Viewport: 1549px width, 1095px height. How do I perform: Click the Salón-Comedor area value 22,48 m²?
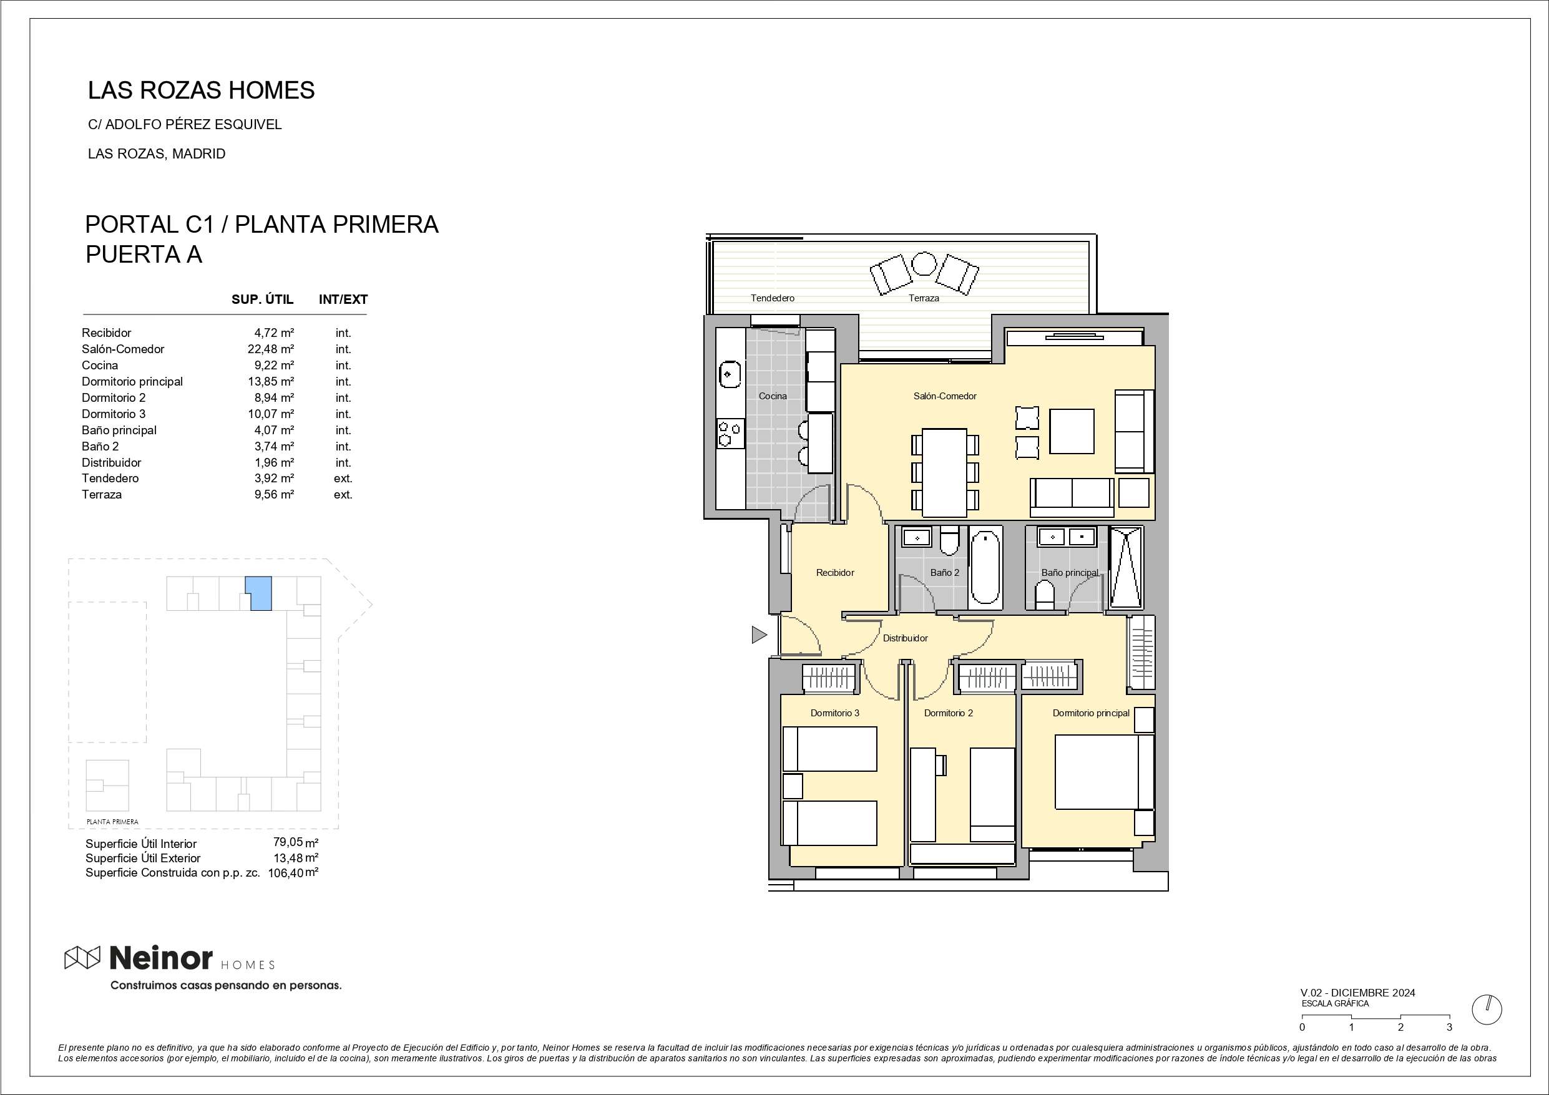pos(270,349)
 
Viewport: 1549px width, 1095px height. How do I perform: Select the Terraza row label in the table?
pos(102,495)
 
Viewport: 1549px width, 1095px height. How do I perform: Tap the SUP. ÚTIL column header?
pos(263,299)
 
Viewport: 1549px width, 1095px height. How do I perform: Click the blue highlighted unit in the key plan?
pos(259,594)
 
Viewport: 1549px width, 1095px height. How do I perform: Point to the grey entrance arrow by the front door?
pos(759,634)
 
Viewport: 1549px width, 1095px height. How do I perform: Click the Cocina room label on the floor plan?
pos(773,396)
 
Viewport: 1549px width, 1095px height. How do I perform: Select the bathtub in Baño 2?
pos(985,566)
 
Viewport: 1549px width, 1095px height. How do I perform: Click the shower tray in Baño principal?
pos(1125,568)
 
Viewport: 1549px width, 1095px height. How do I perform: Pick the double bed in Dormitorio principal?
pos(1105,771)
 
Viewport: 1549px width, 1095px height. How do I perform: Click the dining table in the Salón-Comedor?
pos(944,472)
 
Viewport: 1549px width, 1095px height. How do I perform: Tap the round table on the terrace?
pos(923,264)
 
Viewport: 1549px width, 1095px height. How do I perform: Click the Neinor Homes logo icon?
pos(82,956)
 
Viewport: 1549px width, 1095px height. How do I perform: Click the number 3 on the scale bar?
pos(1449,1028)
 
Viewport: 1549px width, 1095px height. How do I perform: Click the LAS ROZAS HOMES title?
pos(201,90)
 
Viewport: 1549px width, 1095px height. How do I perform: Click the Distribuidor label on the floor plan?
pos(906,638)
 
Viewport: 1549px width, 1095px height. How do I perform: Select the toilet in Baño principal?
pos(1045,596)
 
